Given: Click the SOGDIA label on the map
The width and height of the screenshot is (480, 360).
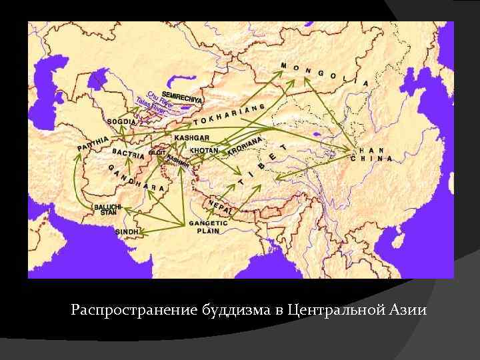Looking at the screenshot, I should pyautogui.click(x=121, y=123).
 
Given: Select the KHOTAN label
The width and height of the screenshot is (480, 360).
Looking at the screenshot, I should pyautogui.click(x=204, y=151).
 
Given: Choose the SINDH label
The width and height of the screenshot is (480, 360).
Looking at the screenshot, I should pyautogui.click(x=127, y=231).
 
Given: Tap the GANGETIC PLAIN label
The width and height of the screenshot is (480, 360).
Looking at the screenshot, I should pyautogui.click(x=208, y=227).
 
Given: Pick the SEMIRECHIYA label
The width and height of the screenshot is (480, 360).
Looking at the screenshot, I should pyautogui.click(x=181, y=96).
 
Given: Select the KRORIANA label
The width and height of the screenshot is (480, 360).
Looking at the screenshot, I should pyautogui.click(x=245, y=146).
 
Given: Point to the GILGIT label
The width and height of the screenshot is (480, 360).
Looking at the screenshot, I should pyautogui.click(x=157, y=153).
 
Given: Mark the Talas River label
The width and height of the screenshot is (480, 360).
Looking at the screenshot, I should pyautogui.click(x=150, y=105).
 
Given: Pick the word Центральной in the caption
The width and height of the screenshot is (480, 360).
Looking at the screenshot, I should pyautogui.click(x=330, y=311).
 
